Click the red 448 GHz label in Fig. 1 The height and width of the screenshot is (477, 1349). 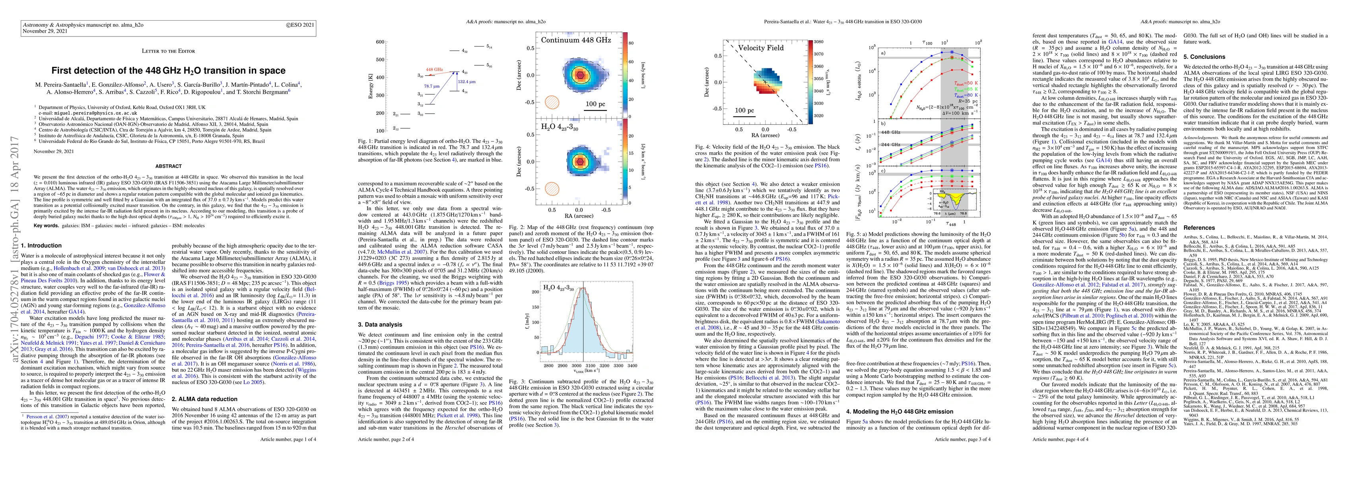point(434,69)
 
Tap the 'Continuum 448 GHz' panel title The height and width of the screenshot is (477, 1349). point(575,40)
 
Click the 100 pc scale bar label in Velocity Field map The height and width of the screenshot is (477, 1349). point(744,111)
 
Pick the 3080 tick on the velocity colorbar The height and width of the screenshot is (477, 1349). point(818,41)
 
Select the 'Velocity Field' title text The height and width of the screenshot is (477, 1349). point(760,48)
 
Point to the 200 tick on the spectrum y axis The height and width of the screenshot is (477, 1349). point(536,292)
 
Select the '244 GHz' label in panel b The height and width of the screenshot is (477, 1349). point(891,144)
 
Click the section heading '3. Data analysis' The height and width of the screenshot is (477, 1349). point(380,325)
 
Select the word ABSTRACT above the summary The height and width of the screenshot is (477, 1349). point(168,166)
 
